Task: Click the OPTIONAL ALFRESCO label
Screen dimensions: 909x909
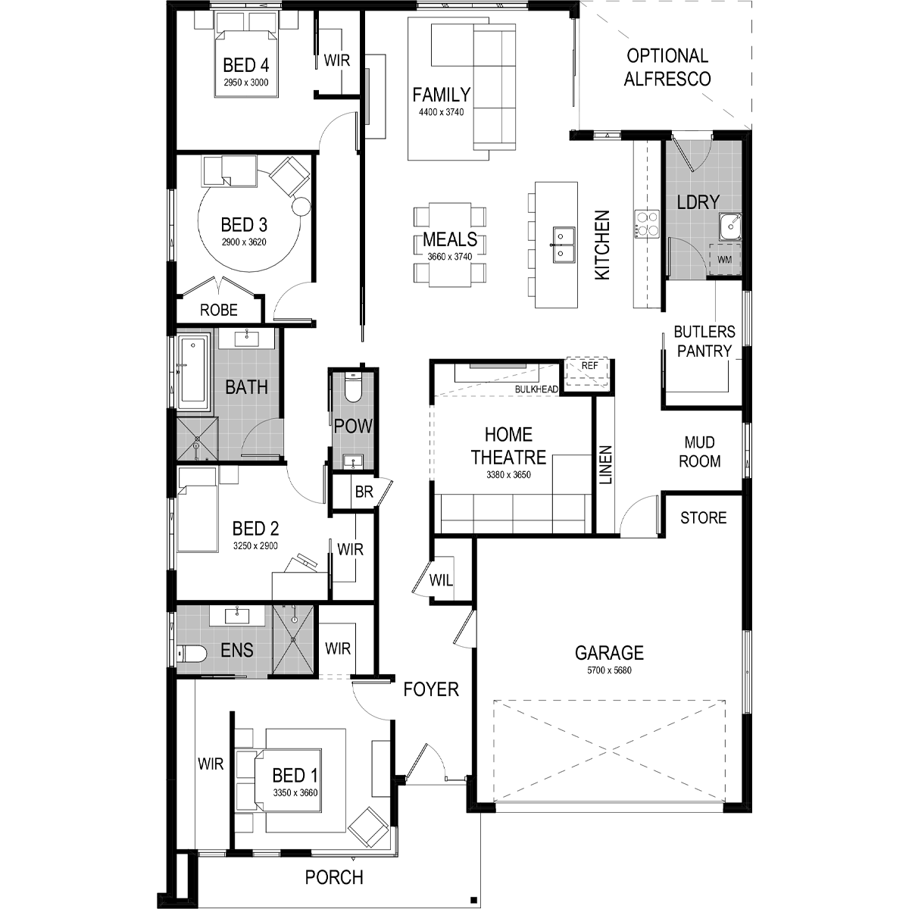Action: pos(667,67)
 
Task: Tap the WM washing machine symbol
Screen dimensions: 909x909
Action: pos(725,260)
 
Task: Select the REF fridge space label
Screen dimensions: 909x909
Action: pos(589,366)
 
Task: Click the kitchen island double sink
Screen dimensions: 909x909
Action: pos(564,245)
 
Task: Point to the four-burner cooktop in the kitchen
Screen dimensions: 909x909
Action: pos(647,224)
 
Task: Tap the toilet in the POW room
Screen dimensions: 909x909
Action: pos(353,387)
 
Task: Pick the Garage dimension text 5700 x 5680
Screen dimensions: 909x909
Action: pos(609,670)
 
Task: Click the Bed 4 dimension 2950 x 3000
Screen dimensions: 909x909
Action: pos(245,83)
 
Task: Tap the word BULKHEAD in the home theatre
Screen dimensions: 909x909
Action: pos(536,389)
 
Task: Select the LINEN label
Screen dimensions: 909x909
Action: pos(605,465)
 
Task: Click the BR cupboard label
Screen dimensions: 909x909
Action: pos(364,492)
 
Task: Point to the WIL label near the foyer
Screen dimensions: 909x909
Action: pos(441,580)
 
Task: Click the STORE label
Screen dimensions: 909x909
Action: pos(703,518)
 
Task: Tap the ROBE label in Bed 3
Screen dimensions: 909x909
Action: pos(218,310)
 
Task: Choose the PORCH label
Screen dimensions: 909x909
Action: pos(334,878)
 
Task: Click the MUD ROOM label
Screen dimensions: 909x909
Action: pos(700,452)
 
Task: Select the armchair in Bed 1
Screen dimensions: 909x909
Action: pos(368,827)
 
